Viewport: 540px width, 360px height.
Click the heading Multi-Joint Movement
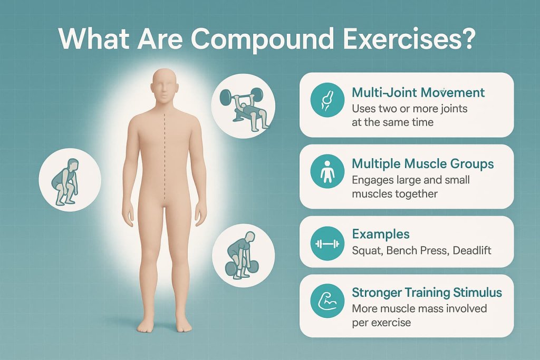click(x=418, y=93)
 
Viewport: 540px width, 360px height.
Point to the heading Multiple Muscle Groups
click(x=422, y=164)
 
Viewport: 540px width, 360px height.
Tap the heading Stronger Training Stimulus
click(x=427, y=293)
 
